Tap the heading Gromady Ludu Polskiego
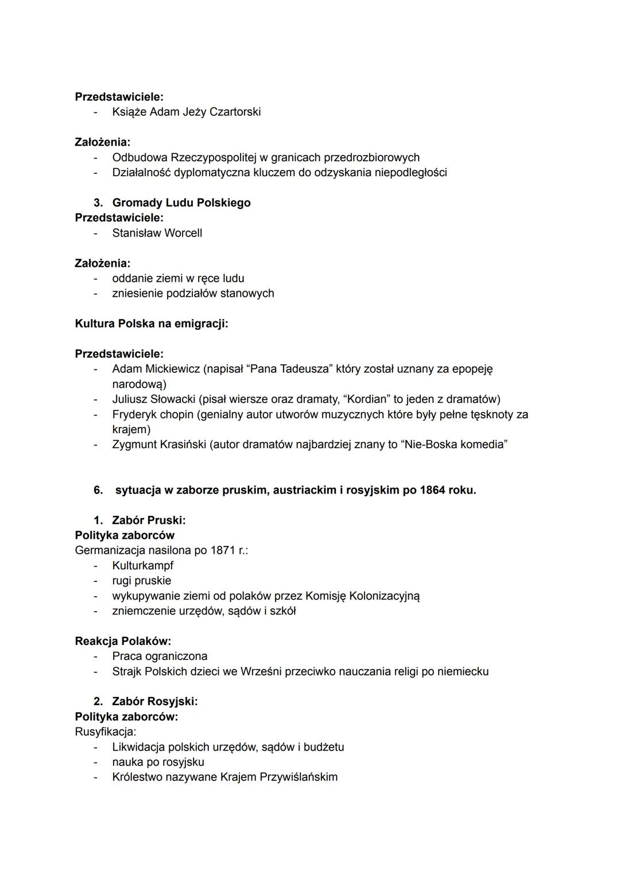tap(181, 203)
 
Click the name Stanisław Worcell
tap(157, 233)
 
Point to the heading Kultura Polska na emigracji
tap(152, 324)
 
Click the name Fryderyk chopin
tap(153, 414)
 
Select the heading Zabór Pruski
tap(148, 520)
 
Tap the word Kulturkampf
tap(142, 566)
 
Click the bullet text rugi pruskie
tap(141, 581)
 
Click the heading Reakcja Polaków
tap(123, 641)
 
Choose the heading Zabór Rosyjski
tap(154, 702)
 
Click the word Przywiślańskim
tap(299, 777)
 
